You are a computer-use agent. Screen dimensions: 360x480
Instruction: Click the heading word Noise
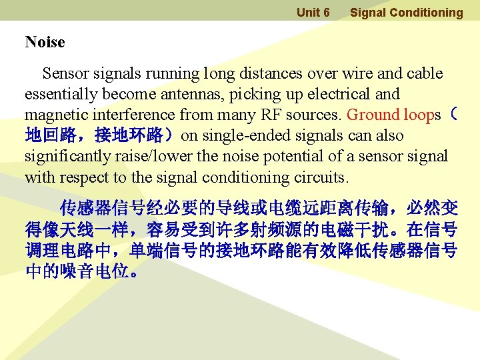pos(45,43)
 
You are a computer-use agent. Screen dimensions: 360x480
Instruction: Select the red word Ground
pos(373,115)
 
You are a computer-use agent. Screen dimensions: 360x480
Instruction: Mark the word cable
pos(425,73)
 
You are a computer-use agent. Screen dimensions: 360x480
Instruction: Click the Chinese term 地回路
pos(49,136)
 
